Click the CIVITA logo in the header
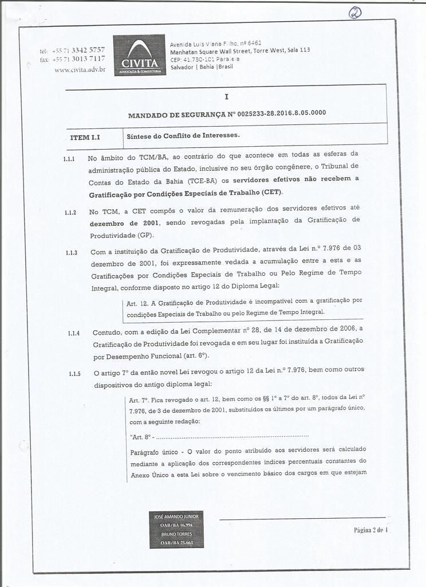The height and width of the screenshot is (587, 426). tap(139, 55)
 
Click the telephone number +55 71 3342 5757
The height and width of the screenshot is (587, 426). tap(78, 50)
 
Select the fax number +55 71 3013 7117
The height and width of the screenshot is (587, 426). tap(78, 59)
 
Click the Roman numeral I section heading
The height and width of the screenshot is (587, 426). tap(226, 97)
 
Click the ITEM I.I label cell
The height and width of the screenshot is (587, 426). tap(85, 138)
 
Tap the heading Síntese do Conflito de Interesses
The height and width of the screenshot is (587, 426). tap(182, 136)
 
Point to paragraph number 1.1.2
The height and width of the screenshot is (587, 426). tap(71, 212)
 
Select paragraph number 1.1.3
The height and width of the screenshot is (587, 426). tap(72, 252)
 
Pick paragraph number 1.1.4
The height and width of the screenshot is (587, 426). tap(74, 332)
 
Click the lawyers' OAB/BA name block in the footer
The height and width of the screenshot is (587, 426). tap(177, 529)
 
